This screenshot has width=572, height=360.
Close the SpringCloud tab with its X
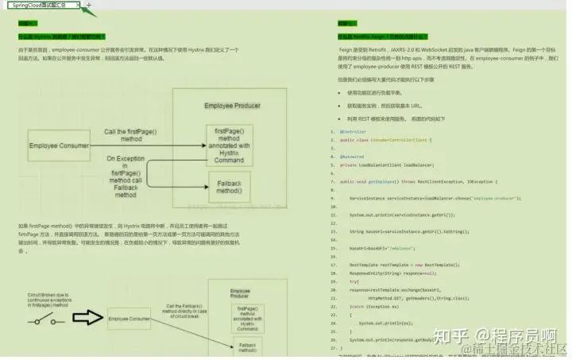[x=78, y=6]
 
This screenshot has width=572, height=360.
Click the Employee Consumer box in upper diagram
[x=60, y=145]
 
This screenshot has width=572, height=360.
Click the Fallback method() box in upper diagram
[x=230, y=187]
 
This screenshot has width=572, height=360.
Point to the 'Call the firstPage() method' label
[x=134, y=135]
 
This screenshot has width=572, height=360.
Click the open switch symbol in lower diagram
[x=41, y=319]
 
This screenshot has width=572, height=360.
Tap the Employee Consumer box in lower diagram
[x=129, y=319]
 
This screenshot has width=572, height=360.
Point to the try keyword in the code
[x=354, y=281]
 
